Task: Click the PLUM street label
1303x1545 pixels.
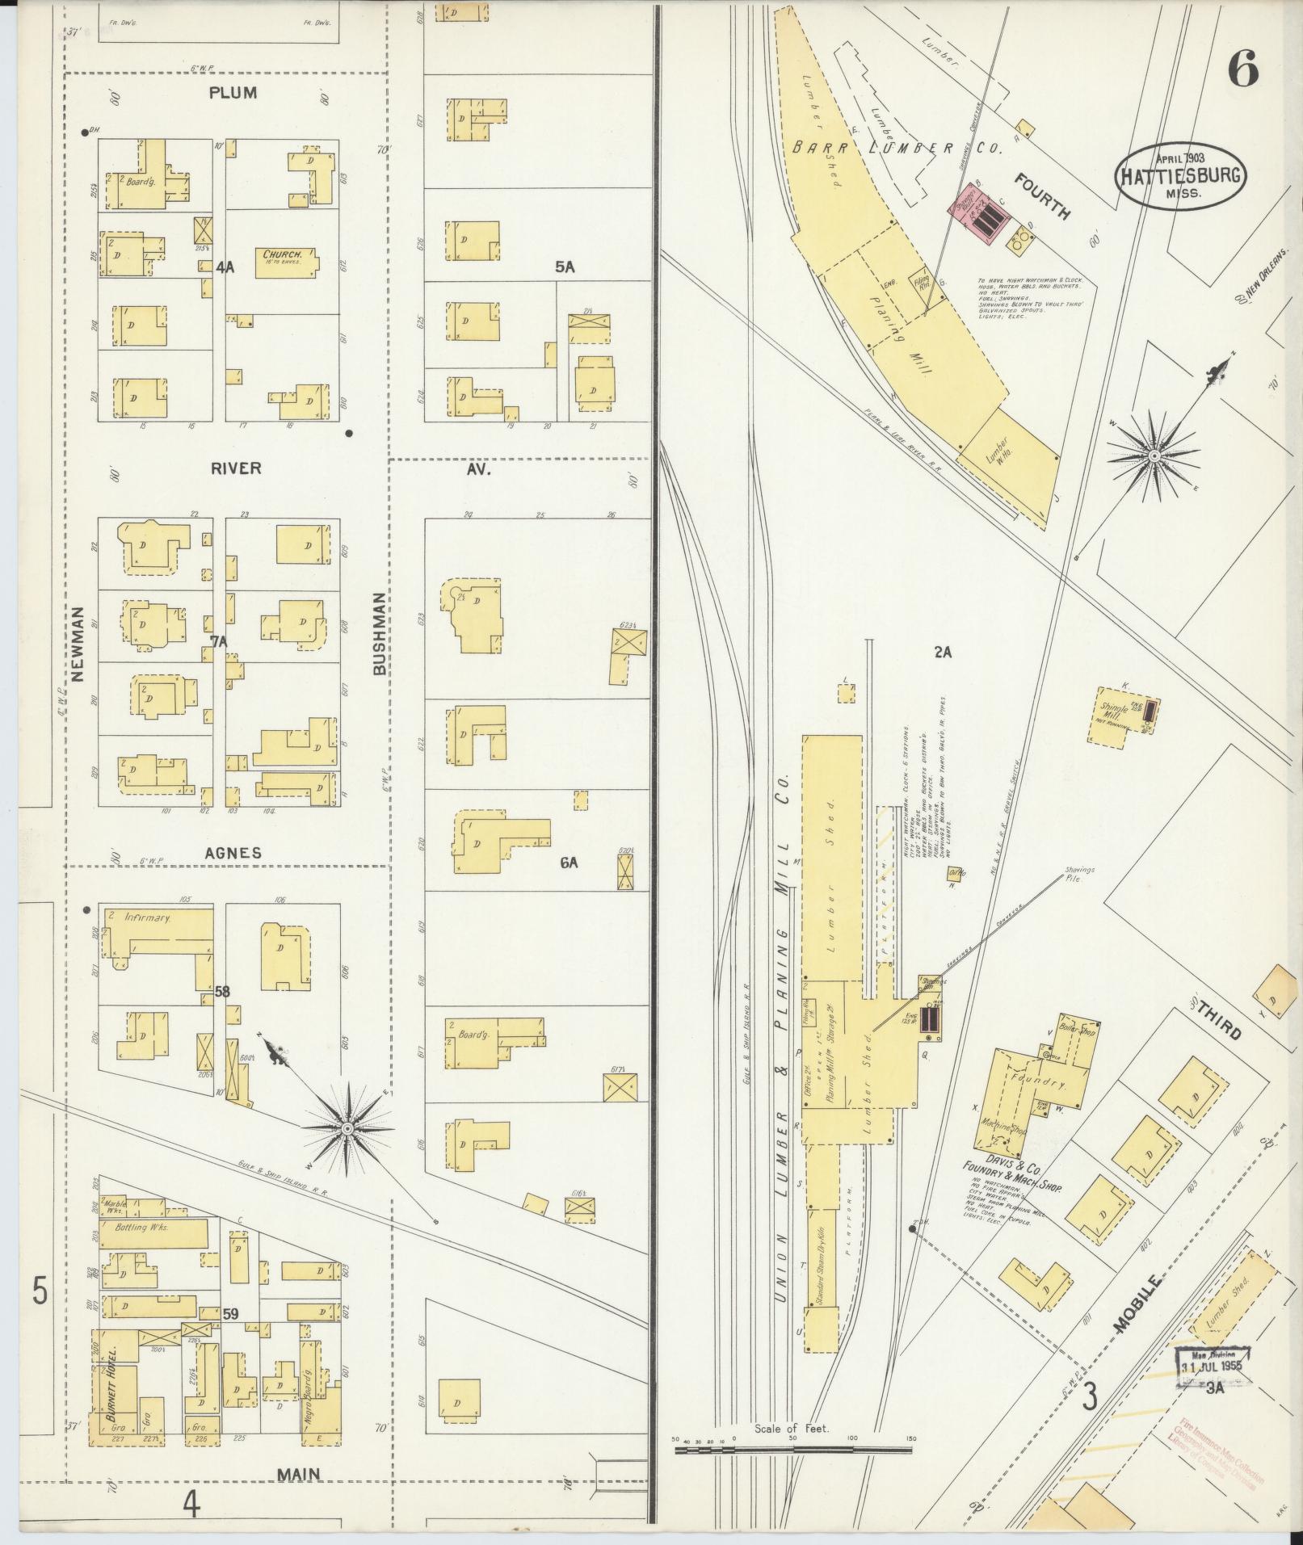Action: click(x=233, y=93)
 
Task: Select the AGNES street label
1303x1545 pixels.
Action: click(x=233, y=853)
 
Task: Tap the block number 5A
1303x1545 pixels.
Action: click(x=564, y=267)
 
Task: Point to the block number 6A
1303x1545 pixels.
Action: click(x=569, y=863)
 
